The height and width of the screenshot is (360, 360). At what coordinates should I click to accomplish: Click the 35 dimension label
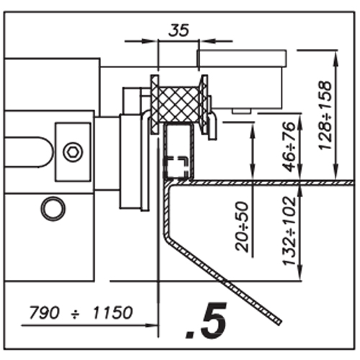[179, 30]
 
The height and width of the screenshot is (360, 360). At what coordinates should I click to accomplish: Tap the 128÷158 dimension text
[325, 115]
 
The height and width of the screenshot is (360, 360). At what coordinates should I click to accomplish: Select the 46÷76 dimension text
[289, 147]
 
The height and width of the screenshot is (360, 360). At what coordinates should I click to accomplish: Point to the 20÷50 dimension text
[242, 227]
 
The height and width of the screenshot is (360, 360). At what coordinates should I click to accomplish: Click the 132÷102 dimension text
[289, 231]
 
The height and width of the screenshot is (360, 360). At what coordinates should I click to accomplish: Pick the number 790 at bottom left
[44, 312]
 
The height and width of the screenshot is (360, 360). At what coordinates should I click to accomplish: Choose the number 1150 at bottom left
[112, 312]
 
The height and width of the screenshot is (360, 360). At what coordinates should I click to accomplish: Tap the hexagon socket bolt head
[73, 152]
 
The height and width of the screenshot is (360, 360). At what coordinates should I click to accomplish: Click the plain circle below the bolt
[53, 208]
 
